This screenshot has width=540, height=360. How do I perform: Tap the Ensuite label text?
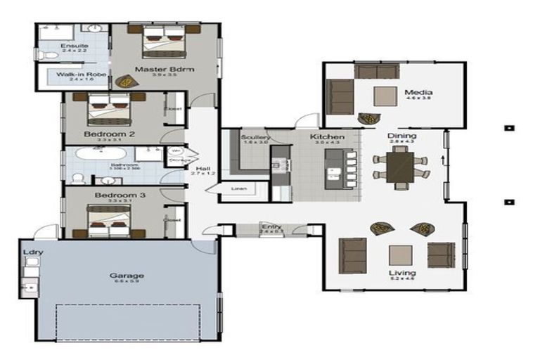(x=73, y=46)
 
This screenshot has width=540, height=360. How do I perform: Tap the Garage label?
(x=127, y=276)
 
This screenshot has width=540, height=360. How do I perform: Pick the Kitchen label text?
(x=327, y=136)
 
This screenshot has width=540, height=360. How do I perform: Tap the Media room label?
(x=418, y=92)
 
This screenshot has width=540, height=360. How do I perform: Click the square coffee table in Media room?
(x=385, y=96)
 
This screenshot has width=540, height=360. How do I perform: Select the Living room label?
(x=403, y=273)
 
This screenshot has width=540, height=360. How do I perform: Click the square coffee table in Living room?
(x=400, y=255)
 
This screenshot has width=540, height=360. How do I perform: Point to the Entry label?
(x=271, y=226)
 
